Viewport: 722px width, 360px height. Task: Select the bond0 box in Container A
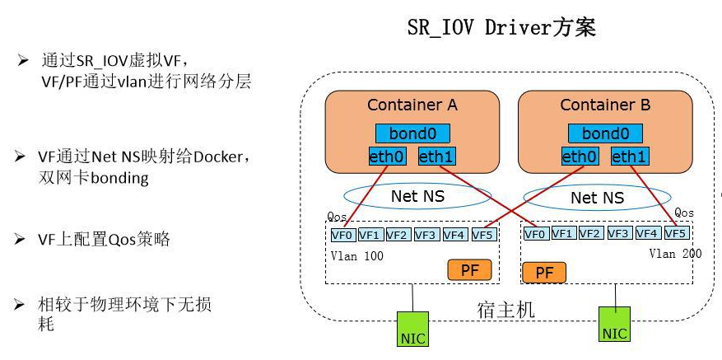tap(412, 133)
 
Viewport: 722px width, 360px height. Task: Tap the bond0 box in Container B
tap(605, 133)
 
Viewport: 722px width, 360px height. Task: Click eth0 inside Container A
tap(387, 156)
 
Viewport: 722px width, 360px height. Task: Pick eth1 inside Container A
tap(436, 156)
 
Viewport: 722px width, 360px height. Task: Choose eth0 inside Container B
tap(580, 156)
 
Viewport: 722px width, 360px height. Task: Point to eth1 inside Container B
tap(630, 156)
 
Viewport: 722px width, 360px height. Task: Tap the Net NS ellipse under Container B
tap(597, 198)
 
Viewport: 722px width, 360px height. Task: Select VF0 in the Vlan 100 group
tap(342, 235)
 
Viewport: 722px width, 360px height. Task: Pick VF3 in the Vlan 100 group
tap(426, 235)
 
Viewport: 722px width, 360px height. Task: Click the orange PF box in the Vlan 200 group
tap(544, 273)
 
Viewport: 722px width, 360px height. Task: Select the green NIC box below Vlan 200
tap(614, 324)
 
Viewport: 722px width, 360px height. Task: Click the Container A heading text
tap(412, 105)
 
